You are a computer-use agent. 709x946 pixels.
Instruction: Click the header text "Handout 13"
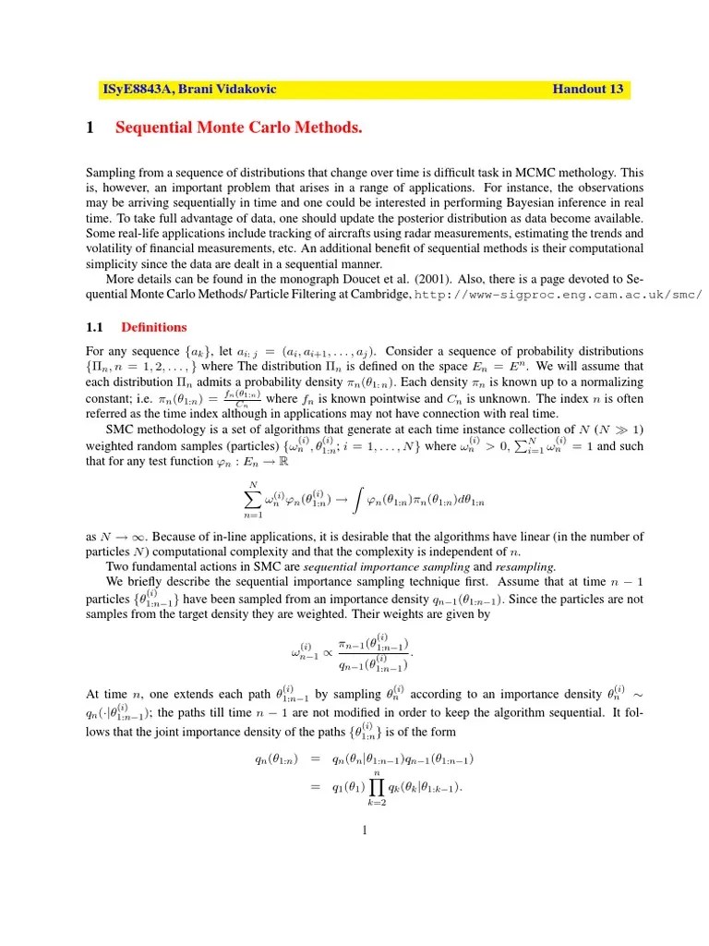point(588,90)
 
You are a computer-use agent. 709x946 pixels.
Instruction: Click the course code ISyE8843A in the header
point(138,90)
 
